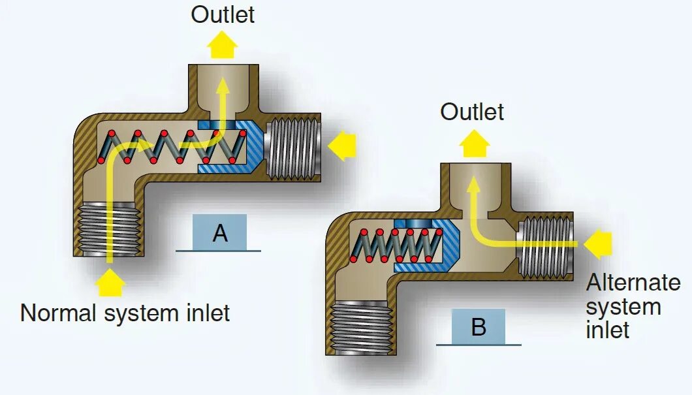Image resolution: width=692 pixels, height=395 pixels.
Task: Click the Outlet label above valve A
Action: pyautogui.click(x=223, y=14)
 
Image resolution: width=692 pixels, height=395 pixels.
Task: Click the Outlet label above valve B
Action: pyautogui.click(x=472, y=112)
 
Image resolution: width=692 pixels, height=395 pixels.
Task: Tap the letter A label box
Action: pyautogui.click(x=220, y=233)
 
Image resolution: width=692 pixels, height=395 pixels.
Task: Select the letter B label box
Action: pyautogui.click(x=478, y=327)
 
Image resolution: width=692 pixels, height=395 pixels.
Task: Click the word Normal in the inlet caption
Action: pyautogui.click(x=59, y=313)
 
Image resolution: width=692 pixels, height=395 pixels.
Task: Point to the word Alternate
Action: pyautogui.click(x=633, y=283)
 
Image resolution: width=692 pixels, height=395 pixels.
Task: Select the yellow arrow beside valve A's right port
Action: pyautogui.click(x=342, y=146)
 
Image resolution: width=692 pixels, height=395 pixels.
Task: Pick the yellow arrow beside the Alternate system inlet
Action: pyautogui.click(x=597, y=244)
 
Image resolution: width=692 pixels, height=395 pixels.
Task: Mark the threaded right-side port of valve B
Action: pyautogui.click(x=546, y=246)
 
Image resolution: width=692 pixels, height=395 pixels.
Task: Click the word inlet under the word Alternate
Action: pyautogui.click(x=607, y=330)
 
